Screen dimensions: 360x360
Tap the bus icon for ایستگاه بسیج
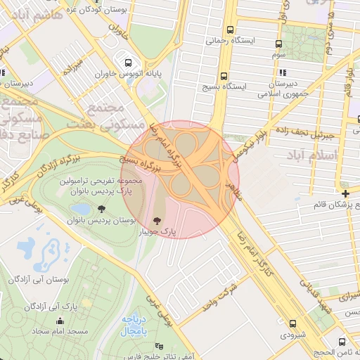[224, 76]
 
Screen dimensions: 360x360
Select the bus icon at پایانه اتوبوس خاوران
[127, 60]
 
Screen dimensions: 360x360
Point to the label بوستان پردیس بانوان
[108, 220]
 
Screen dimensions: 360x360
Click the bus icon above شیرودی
[293, 323]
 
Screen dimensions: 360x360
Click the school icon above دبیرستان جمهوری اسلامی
[282, 72]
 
